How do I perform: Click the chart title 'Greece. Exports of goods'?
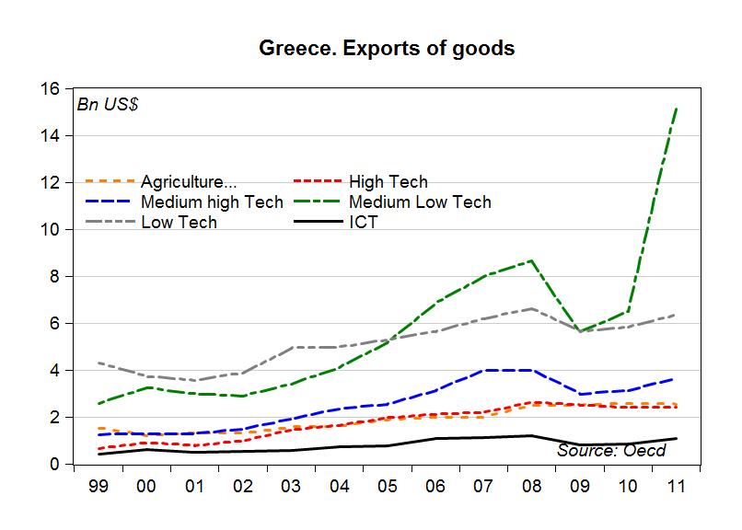point(387,49)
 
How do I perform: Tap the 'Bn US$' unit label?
point(108,104)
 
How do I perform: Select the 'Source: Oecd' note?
point(611,450)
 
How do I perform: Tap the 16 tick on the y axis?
point(50,89)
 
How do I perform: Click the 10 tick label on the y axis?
point(50,230)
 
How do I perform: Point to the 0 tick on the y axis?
point(55,465)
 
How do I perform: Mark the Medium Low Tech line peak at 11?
point(678,109)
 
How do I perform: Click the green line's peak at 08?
point(532,260)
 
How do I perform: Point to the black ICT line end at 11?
point(678,439)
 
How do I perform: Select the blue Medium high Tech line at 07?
point(483,370)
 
